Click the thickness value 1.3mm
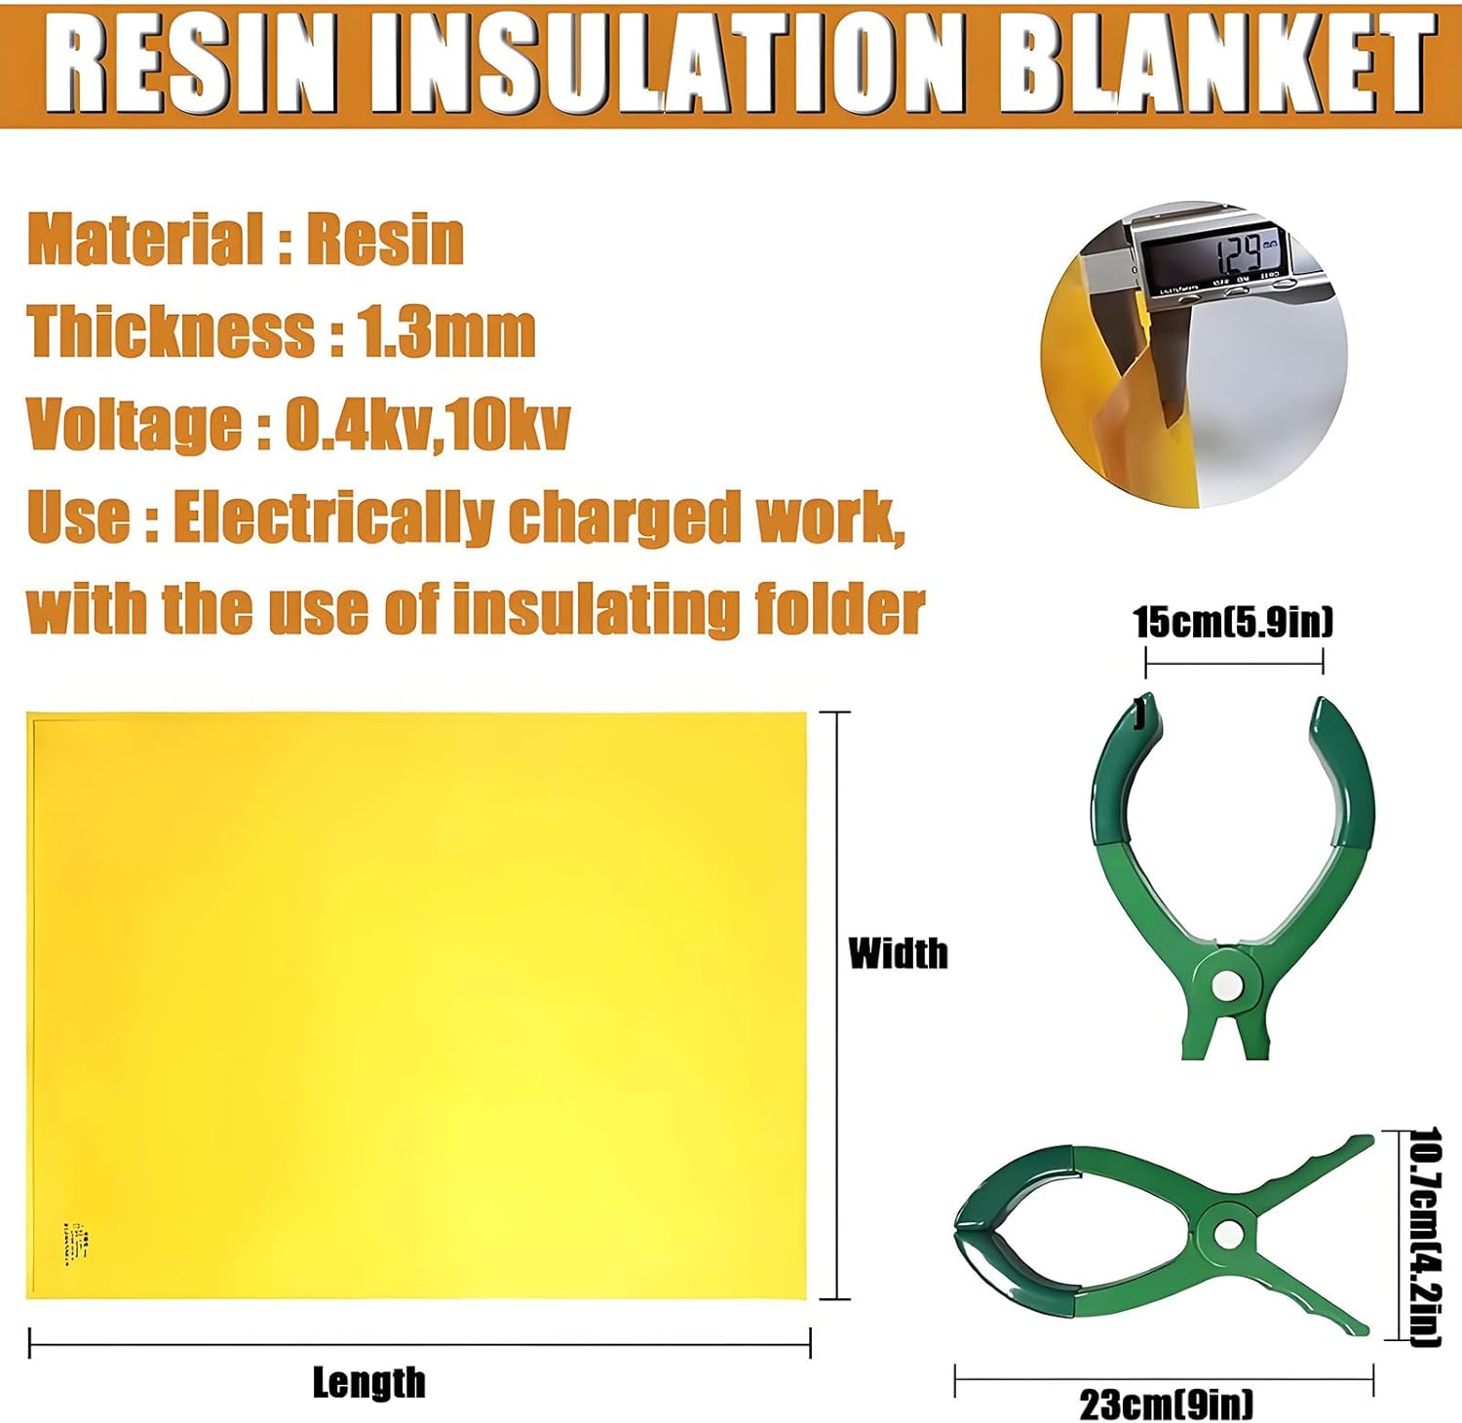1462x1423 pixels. (x=447, y=331)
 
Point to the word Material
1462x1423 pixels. (x=140, y=240)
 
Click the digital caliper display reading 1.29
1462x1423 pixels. (x=1238, y=255)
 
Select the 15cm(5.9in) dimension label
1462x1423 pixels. (x=1233, y=622)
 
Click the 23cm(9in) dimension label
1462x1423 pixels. (x=1166, y=1404)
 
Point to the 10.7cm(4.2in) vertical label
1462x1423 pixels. (x=1426, y=1238)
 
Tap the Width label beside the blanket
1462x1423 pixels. (x=898, y=953)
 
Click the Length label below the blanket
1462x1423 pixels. (x=368, y=1382)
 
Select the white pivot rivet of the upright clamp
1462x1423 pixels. (x=1230, y=986)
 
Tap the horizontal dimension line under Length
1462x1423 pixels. (x=419, y=1344)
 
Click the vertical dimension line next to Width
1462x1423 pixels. (x=835, y=1004)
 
